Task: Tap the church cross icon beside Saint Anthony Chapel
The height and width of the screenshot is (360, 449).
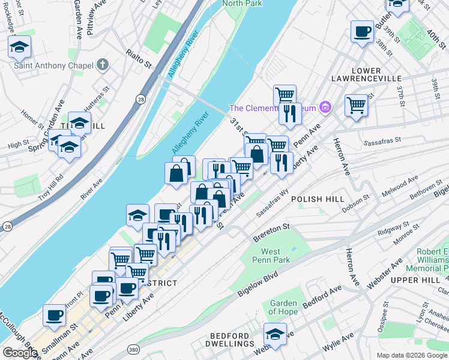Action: point(103,64)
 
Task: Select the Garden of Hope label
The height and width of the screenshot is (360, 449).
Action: point(283,307)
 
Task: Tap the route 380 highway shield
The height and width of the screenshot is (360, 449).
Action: point(133,349)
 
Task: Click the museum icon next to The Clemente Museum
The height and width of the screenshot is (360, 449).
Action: point(325,108)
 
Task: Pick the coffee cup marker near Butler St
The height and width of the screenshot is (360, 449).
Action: point(362,31)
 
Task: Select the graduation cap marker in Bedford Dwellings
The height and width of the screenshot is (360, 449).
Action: point(275,334)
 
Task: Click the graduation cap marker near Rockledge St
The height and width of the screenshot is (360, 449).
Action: point(20,46)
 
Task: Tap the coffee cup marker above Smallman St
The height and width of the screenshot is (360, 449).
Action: point(54,314)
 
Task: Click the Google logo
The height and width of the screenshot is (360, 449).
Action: point(20,353)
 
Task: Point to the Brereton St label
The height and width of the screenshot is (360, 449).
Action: point(271,229)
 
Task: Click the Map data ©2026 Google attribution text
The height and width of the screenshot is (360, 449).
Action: point(412,355)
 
